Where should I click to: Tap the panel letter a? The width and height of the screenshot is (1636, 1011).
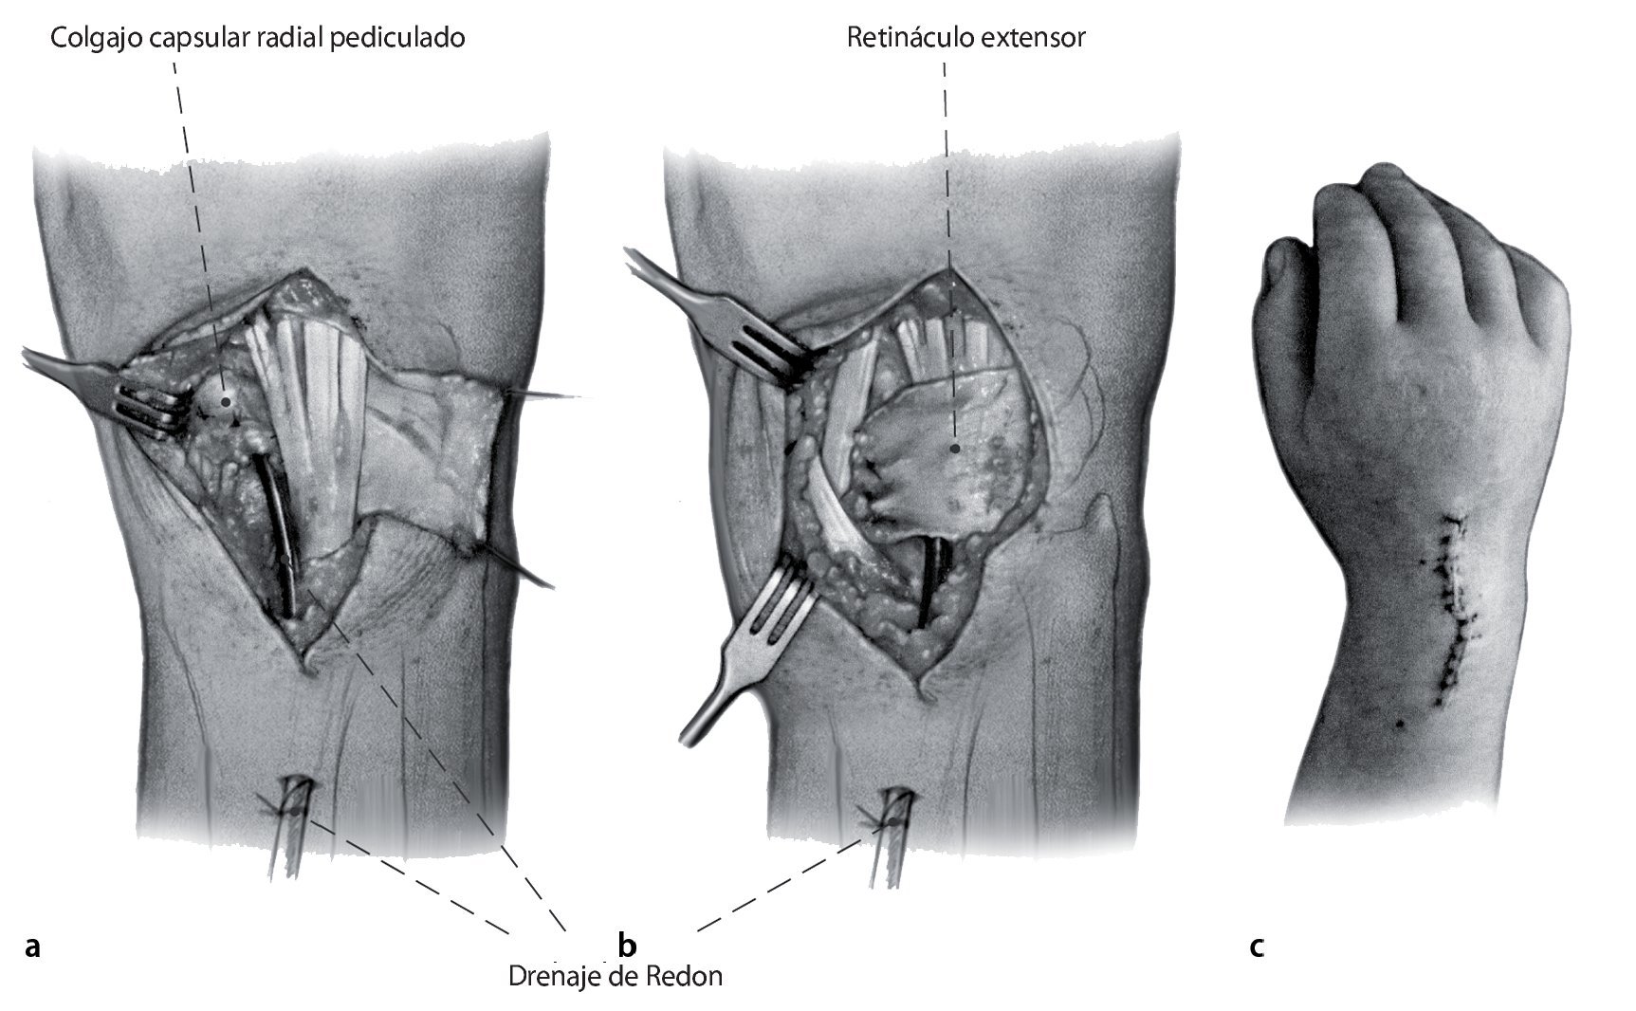[33, 946]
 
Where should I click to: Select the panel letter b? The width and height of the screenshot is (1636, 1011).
[627, 946]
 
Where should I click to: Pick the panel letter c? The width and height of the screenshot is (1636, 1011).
[1257, 946]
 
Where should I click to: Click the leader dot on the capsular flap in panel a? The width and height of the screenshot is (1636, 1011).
[226, 401]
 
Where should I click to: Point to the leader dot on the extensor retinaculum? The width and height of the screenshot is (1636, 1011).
[955, 447]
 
